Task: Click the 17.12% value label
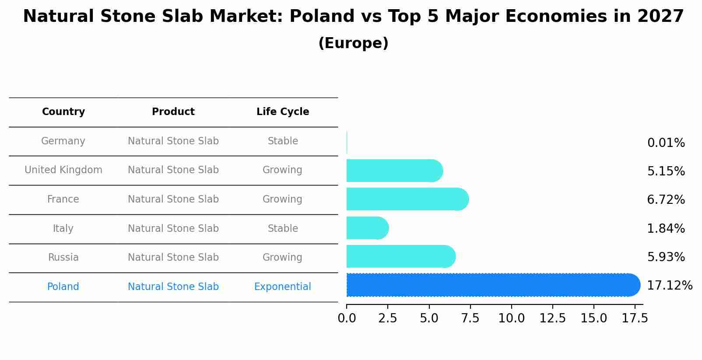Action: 669,286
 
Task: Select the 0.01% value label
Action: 666,143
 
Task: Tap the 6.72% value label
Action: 666,200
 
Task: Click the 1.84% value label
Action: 666,228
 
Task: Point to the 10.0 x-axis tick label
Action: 511,318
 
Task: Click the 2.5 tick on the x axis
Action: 388,318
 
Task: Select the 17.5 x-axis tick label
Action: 635,318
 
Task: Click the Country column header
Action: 63,112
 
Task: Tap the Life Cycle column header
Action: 283,112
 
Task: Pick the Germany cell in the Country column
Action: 63,141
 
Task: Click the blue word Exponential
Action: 282,287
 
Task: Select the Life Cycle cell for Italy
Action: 283,228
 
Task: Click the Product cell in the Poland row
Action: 173,287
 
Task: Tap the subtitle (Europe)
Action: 353,43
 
